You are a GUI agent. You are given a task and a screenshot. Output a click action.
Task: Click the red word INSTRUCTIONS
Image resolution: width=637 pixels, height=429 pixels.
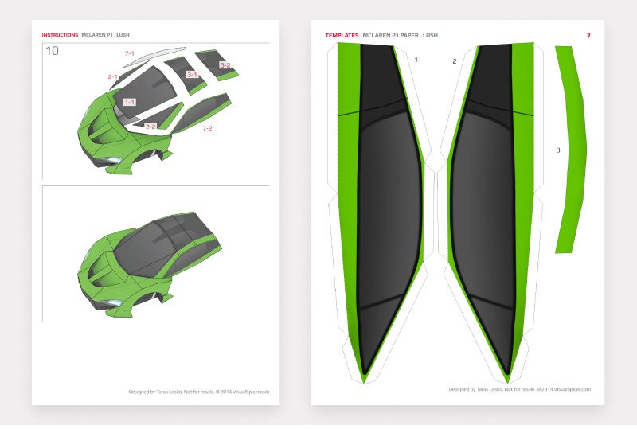(60, 35)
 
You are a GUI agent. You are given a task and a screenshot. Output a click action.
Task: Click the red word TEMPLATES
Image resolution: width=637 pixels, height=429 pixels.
(342, 36)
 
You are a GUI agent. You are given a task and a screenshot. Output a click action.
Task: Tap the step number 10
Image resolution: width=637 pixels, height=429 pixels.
(52, 51)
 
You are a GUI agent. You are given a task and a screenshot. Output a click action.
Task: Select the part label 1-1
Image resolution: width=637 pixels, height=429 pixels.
(130, 102)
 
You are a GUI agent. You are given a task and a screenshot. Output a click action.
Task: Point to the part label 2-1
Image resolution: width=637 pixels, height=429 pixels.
(113, 76)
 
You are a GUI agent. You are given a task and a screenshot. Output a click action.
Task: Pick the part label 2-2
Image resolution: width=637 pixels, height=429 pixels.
(150, 126)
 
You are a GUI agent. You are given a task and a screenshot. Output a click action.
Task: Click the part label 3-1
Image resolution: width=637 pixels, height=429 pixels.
(191, 74)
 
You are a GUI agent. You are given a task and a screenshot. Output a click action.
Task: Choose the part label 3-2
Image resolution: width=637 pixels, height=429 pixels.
(225, 65)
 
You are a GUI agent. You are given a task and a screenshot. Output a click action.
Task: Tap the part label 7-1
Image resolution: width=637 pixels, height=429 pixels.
(129, 53)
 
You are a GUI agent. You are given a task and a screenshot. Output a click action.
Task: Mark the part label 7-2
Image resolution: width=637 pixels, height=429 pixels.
(207, 128)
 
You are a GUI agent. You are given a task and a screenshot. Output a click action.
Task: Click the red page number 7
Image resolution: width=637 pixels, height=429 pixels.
(588, 36)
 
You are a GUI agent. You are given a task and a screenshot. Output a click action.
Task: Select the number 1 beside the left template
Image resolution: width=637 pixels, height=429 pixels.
(416, 59)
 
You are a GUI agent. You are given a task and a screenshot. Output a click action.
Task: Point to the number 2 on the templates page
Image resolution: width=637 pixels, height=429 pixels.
(454, 60)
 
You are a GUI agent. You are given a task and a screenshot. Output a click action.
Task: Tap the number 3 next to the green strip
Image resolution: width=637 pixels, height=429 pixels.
(558, 150)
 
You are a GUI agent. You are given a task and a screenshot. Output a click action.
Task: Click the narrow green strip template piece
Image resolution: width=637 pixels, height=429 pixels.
(570, 151)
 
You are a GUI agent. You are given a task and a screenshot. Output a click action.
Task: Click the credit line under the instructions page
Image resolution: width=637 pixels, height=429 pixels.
(198, 392)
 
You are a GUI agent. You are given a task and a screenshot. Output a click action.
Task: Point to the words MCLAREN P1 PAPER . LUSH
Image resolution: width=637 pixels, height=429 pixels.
(400, 36)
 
